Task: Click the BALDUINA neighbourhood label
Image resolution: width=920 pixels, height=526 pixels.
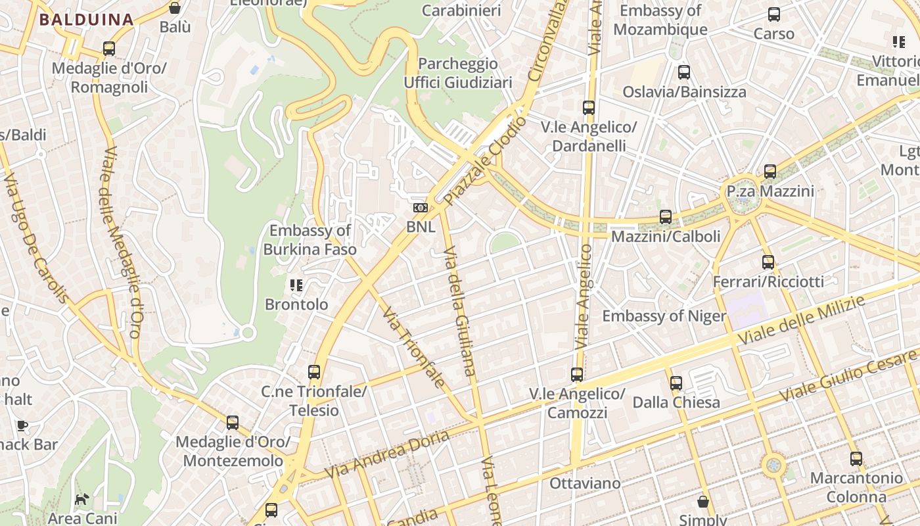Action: tap(86, 19)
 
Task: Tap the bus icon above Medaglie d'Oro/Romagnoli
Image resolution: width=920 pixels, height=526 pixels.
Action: tap(109, 49)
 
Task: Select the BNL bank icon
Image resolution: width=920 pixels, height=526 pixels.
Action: tap(421, 208)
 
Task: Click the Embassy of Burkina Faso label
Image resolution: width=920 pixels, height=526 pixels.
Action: tap(310, 240)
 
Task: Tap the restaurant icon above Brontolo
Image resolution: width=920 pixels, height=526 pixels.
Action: tap(296, 285)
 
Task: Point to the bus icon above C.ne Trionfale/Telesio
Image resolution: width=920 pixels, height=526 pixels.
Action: tap(314, 372)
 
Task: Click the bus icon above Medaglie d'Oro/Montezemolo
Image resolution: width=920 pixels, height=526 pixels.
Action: tap(233, 423)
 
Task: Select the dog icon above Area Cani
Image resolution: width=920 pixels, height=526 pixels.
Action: tap(81, 500)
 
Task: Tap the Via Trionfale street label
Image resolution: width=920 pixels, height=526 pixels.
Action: tap(414, 347)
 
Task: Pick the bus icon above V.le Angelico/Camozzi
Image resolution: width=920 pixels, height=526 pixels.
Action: tap(577, 375)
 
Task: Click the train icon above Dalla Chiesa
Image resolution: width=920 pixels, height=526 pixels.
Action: tap(676, 383)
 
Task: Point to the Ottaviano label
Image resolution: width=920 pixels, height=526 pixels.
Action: tap(585, 483)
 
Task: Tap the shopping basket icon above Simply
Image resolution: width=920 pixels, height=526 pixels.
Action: tap(703, 502)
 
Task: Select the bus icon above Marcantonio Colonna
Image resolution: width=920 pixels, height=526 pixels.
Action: tap(856, 459)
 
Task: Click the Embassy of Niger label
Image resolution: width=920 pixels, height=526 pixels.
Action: tap(664, 316)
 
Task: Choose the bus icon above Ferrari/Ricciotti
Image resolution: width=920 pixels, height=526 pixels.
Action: tap(768, 262)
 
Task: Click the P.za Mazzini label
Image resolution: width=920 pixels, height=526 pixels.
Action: tap(770, 191)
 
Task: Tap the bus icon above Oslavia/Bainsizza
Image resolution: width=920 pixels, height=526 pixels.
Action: tap(684, 72)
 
